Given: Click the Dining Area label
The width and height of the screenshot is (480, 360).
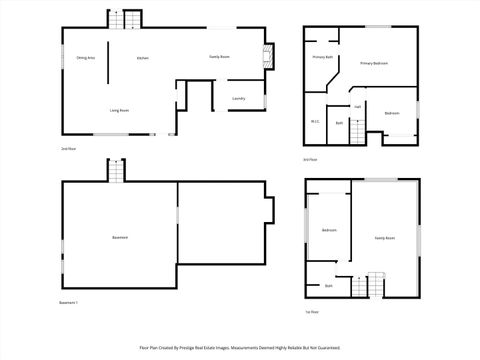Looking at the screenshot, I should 85,59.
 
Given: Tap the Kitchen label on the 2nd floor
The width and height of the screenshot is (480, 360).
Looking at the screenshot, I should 143,59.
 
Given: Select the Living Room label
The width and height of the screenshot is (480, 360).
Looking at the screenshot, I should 118,110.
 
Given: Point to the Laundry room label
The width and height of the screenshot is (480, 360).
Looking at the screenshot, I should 239,98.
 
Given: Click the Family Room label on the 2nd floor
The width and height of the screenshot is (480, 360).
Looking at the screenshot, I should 220,57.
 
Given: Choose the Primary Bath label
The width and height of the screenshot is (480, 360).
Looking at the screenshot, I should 322,58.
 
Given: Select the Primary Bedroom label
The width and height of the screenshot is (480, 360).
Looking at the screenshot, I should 374,63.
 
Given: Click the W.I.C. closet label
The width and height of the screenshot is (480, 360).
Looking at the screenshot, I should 315,122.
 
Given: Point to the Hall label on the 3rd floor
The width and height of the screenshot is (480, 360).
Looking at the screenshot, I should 357,106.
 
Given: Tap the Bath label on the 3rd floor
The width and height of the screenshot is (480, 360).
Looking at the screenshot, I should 339,122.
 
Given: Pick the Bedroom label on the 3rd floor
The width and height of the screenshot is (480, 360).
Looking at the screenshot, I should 392,113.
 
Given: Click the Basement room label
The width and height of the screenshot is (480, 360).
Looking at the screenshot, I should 120,237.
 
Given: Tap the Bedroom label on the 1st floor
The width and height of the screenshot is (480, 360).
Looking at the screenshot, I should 329,230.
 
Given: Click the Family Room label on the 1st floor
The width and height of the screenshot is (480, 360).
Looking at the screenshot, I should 384,238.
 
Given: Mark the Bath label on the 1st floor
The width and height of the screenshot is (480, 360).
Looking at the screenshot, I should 328,286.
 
